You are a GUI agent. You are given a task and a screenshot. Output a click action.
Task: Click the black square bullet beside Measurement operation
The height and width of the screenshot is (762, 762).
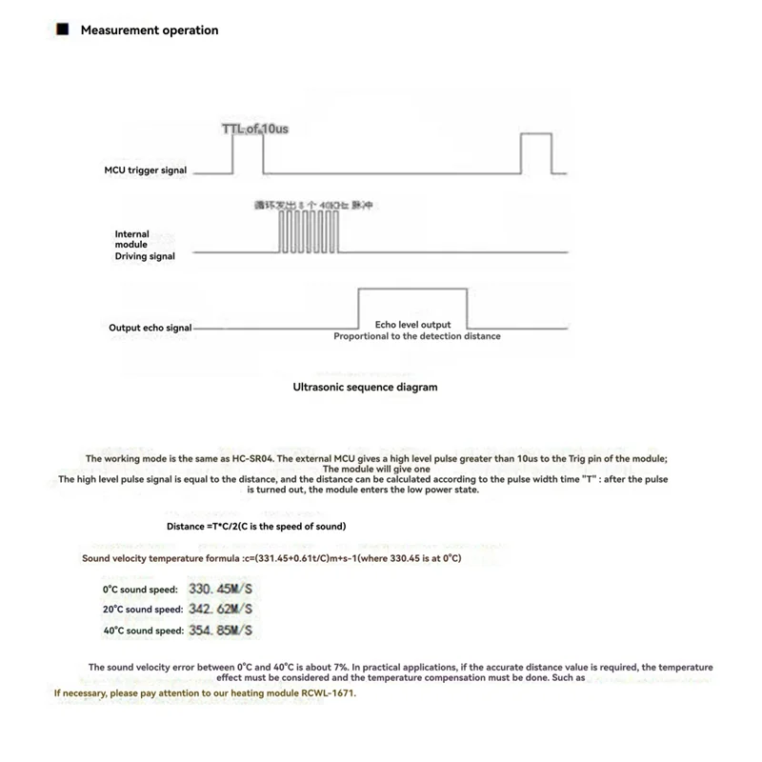pos(63,30)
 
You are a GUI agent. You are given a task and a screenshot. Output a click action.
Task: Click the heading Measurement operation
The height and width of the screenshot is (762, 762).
pos(150,30)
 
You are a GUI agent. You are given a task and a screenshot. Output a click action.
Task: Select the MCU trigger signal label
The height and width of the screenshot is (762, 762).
pos(146,170)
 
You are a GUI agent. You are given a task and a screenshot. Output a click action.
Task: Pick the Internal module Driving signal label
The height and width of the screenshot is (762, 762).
pos(145,245)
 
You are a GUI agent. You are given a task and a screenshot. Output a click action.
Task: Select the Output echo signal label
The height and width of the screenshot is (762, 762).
pos(150,328)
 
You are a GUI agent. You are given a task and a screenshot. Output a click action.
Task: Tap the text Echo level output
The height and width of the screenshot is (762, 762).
pos(412,325)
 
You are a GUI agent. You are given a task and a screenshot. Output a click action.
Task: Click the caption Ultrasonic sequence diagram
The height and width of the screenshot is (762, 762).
pos(366,388)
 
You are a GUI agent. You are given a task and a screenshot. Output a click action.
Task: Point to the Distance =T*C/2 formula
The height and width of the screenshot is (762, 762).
pos(256,527)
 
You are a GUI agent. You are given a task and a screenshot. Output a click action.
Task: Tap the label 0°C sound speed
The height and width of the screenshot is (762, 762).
pos(133,591)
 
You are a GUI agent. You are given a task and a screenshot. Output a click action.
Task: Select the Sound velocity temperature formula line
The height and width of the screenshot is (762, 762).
pos(271,558)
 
